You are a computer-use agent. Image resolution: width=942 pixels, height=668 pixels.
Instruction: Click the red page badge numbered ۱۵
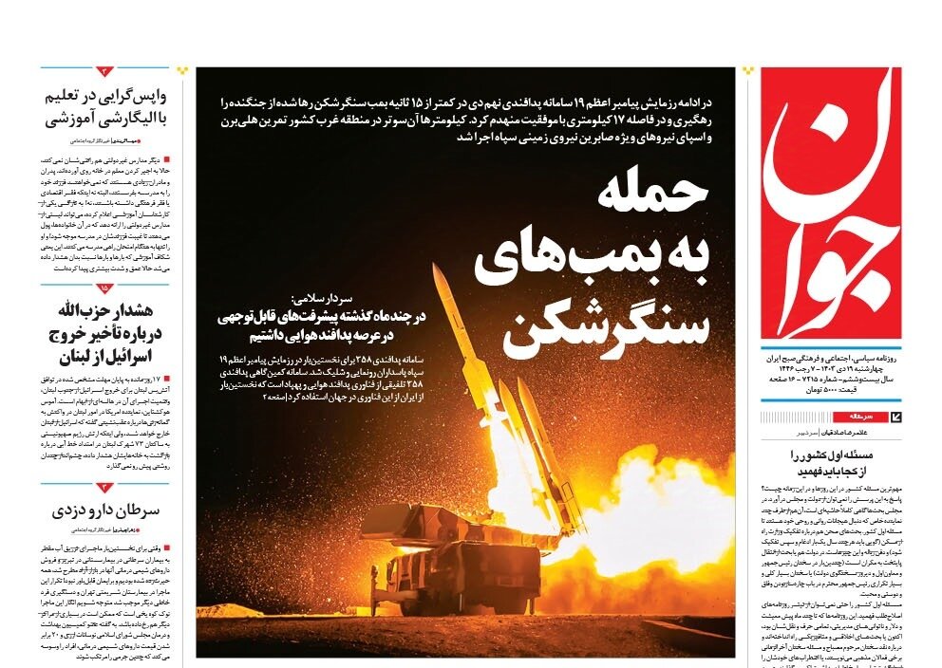[x=104, y=288]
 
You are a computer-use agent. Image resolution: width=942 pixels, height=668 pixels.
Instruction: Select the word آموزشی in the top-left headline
[x=66, y=119]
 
